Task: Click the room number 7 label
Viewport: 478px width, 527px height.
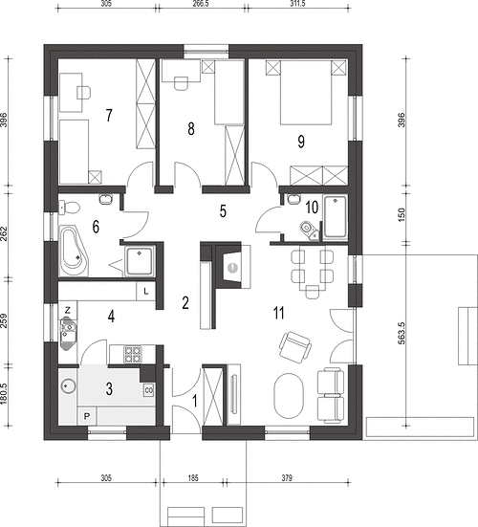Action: [x=108, y=116]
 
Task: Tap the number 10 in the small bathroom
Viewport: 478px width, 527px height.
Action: [x=312, y=208]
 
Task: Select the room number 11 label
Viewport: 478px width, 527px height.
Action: [x=279, y=313]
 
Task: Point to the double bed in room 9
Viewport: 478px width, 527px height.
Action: [x=305, y=93]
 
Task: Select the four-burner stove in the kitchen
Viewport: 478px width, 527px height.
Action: [x=133, y=354]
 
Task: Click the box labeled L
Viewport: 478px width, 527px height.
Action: [x=145, y=292]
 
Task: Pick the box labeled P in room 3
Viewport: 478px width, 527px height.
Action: [x=87, y=416]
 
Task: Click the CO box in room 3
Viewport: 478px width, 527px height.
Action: [x=149, y=390]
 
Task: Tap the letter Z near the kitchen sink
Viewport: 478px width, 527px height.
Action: [x=68, y=311]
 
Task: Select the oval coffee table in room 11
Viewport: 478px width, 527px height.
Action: [x=289, y=396]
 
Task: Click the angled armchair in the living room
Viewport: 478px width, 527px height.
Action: [x=295, y=347]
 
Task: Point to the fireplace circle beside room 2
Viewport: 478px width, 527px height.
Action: [x=231, y=268]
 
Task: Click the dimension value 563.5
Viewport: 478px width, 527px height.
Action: [x=402, y=334]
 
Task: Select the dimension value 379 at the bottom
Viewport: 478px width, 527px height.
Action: [x=287, y=477]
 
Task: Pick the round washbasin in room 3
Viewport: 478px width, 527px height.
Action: [x=68, y=386]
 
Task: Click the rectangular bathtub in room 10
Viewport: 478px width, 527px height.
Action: [x=335, y=217]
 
